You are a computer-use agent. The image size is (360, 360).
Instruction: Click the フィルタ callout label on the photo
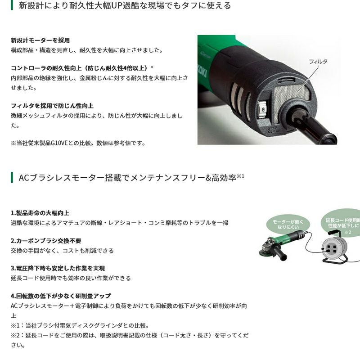(318, 62)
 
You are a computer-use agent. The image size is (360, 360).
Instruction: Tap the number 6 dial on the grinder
(263, 109)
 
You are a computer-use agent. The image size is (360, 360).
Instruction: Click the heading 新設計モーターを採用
(40, 40)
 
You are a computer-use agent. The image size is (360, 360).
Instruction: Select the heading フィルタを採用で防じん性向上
(52, 106)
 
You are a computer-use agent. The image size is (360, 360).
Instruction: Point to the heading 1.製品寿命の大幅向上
(40, 213)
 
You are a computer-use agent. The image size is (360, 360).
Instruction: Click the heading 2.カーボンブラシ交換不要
(46, 241)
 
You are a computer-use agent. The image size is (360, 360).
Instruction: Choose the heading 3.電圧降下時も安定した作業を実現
(58, 268)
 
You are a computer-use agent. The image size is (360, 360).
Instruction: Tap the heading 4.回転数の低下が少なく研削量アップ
(61, 296)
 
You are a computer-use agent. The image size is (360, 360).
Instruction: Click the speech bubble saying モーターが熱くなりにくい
(288, 224)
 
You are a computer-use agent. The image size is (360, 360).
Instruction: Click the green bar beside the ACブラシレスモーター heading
(12, 177)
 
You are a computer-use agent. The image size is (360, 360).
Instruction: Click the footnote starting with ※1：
(80, 325)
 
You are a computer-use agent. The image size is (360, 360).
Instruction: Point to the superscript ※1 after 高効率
(240, 176)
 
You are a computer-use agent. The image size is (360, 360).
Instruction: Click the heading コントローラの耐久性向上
(82, 68)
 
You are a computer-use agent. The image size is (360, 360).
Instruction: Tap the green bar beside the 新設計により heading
(12, 5)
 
